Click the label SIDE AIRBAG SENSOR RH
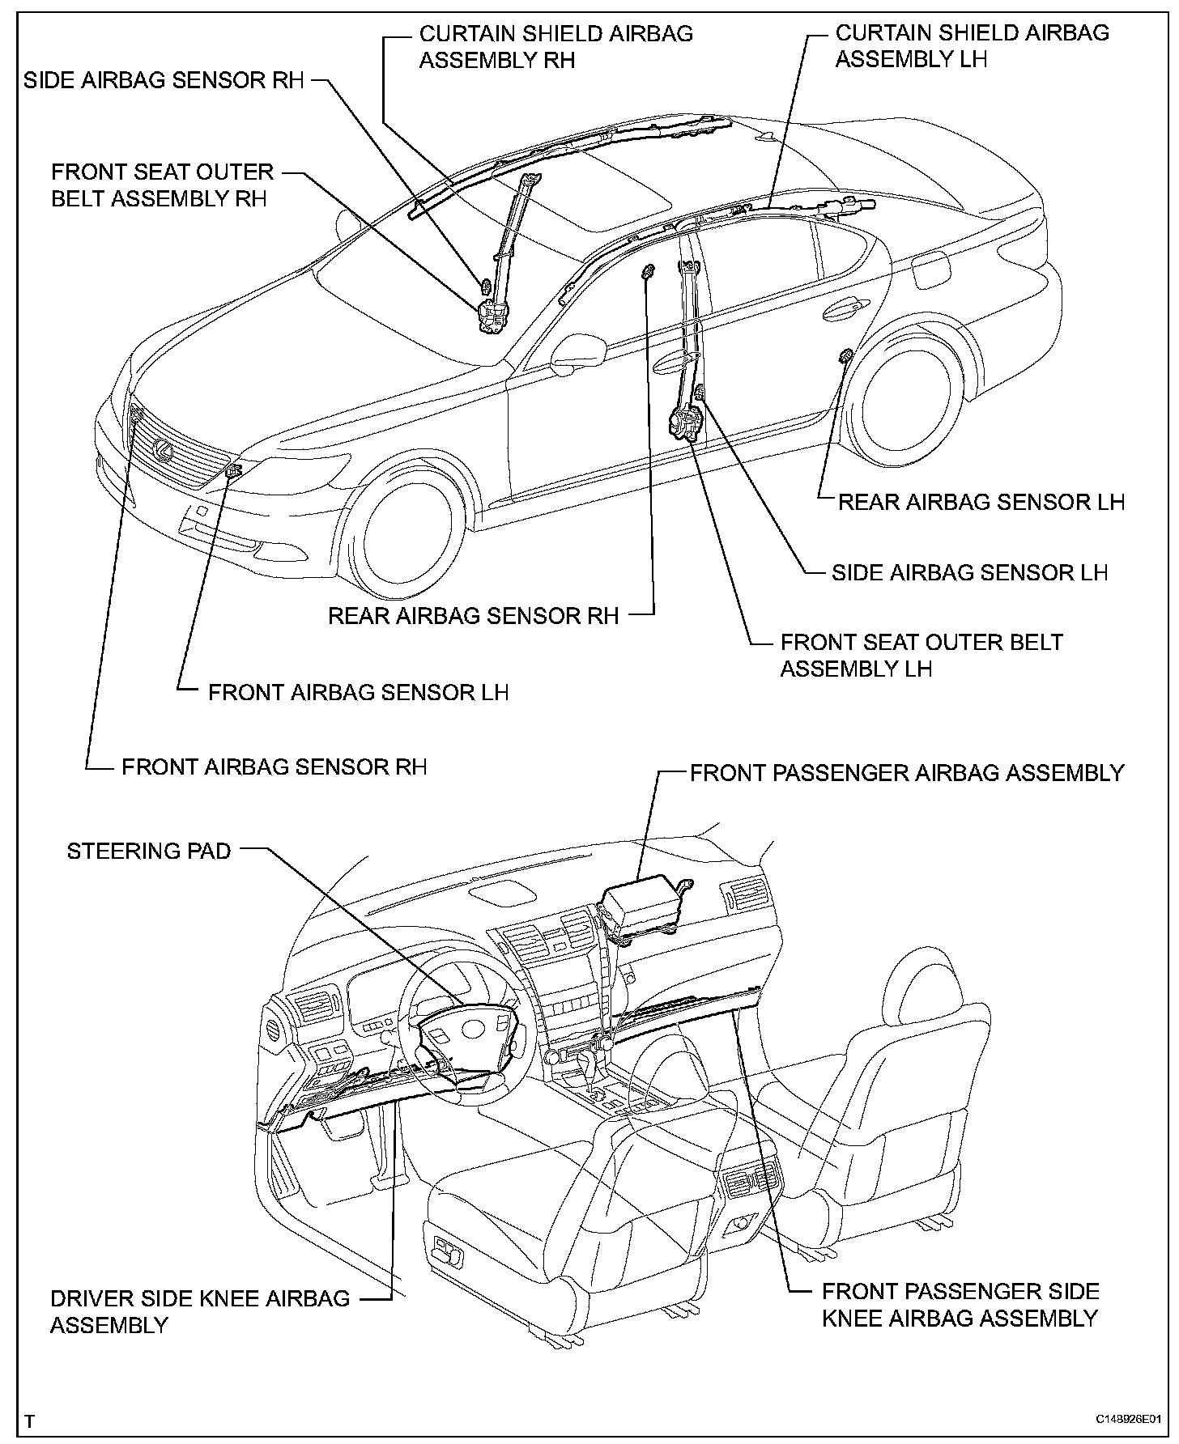pos(164,81)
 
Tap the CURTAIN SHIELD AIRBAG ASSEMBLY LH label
pos(972,46)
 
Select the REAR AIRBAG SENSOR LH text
pos(981,502)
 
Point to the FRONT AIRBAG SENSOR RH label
pos(274,767)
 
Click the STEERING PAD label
pos(149,851)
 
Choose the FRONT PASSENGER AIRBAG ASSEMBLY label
pos(907,773)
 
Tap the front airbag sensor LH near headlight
pos(233,471)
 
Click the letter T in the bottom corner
pos(30,1421)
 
